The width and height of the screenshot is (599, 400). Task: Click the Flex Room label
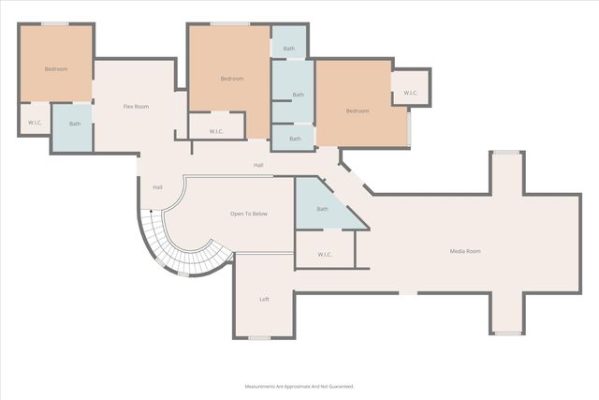137,107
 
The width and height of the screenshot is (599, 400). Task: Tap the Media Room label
465,251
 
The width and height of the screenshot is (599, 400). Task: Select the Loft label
264,300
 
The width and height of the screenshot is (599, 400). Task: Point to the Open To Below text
249,215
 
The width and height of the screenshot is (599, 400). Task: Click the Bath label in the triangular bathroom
323,209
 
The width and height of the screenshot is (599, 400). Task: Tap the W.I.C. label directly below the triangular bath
325,254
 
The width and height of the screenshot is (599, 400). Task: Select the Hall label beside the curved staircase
157,187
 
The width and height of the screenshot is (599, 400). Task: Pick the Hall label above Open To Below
258,166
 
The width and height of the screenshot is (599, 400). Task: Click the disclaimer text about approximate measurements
299,386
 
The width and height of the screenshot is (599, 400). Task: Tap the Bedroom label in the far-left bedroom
56,69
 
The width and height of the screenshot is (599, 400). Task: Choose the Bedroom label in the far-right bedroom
358,111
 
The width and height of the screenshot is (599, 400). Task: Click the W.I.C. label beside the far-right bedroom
411,93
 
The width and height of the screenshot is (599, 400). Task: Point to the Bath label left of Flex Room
75,124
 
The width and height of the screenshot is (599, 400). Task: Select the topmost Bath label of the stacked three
289,49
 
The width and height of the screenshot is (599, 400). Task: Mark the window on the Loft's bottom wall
259,337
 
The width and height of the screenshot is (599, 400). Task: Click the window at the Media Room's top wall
507,152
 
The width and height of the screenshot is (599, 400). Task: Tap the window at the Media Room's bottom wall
507,333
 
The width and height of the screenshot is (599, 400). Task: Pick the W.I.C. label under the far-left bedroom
35,123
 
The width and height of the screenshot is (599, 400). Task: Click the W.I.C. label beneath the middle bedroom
216,131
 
